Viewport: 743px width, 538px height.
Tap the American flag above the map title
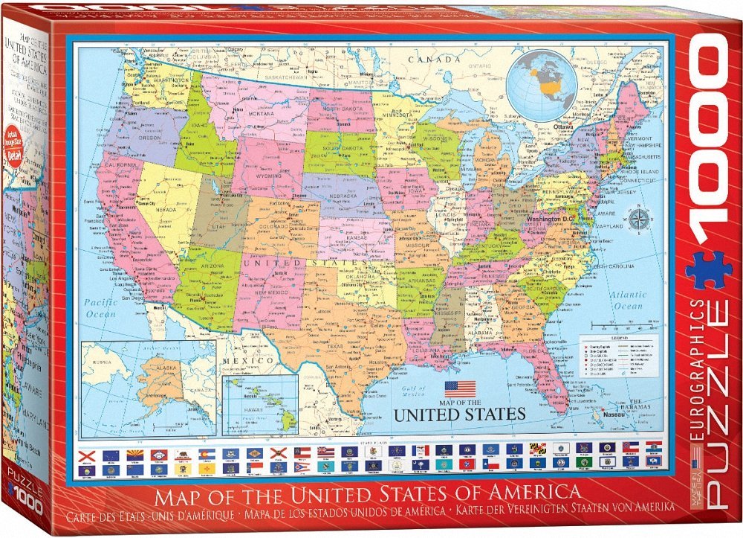pyautogui.click(x=459, y=388)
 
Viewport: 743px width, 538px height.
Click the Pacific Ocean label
pyautogui.click(x=102, y=308)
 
